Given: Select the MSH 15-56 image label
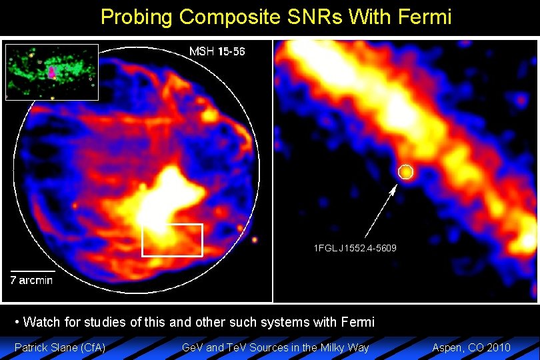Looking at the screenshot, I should tap(217, 52).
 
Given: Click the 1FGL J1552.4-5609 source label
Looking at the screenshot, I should tap(355, 248).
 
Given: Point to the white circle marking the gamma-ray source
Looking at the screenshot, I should tap(405, 172).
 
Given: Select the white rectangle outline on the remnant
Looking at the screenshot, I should tap(172, 240).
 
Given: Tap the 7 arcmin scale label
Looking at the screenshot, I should tap(31, 280).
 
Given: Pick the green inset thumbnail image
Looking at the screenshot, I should tap(52, 71).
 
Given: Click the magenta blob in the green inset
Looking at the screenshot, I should tap(52, 71).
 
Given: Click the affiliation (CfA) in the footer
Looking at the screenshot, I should tap(93, 347).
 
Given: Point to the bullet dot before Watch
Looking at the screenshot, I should tap(17, 323).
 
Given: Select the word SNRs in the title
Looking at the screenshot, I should tap(313, 17).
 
